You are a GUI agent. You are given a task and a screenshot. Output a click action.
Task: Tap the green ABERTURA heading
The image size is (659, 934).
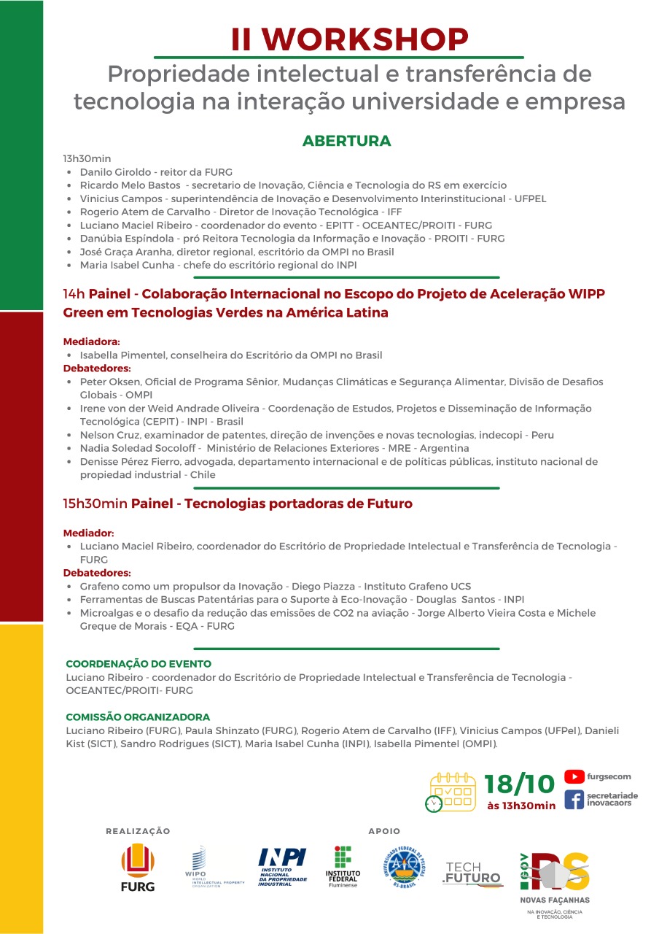(346, 141)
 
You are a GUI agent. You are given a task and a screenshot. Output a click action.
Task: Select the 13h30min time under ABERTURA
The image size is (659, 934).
(87, 158)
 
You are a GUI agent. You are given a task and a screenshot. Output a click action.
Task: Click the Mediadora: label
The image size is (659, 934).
(91, 341)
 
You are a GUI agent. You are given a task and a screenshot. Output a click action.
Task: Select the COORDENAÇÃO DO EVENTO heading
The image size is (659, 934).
(139, 664)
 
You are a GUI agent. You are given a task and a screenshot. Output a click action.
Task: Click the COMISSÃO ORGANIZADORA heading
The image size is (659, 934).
(138, 717)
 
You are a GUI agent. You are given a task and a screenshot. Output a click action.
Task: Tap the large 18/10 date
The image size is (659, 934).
(520, 784)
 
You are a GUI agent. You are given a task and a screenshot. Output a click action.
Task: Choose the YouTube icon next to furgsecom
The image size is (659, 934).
(574, 777)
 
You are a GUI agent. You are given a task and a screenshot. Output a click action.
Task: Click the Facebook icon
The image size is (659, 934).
(574, 799)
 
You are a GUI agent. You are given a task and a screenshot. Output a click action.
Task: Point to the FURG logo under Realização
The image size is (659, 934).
(138, 867)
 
